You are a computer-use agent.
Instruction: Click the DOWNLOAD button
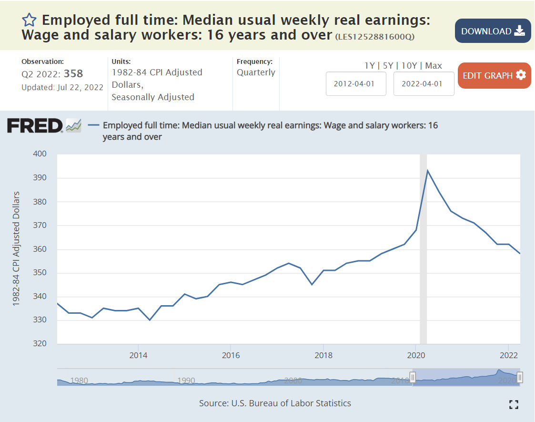click(x=493, y=31)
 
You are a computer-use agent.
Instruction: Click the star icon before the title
click(x=29, y=20)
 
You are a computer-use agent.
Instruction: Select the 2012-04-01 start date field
click(x=355, y=83)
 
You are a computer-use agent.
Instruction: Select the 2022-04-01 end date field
click(x=424, y=83)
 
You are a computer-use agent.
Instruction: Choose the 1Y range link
click(x=369, y=66)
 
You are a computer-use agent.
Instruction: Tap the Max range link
click(x=434, y=66)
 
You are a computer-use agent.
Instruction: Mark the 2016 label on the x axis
click(x=231, y=355)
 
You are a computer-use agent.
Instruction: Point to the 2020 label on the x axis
click(x=416, y=355)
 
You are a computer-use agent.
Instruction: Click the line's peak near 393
click(x=427, y=170)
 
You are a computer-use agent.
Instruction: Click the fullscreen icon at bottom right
click(x=514, y=405)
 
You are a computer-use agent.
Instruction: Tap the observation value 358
click(x=73, y=73)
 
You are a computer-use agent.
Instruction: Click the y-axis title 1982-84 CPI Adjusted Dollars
click(x=17, y=248)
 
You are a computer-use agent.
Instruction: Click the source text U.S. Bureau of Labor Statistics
click(x=291, y=403)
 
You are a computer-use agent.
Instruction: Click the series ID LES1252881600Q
click(x=374, y=37)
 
